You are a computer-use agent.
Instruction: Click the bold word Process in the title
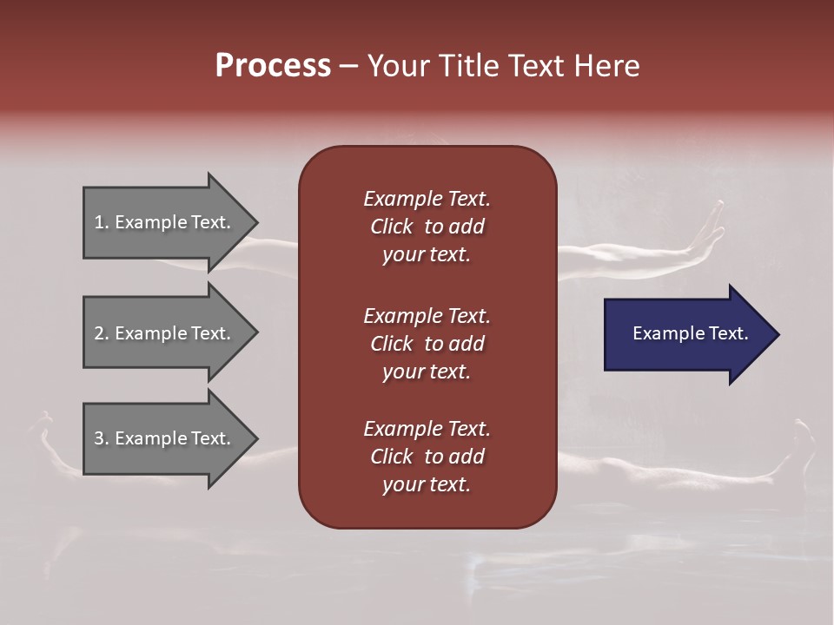(x=273, y=66)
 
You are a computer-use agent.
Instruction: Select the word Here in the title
(x=607, y=66)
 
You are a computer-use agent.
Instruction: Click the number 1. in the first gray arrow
(x=102, y=222)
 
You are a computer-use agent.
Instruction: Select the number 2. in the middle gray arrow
(x=102, y=333)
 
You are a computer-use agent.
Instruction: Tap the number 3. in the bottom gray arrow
(x=102, y=438)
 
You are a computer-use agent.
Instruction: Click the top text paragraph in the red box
(x=427, y=227)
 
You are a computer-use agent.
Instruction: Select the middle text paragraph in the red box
(x=427, y=343)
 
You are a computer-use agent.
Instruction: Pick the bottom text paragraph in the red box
(x=427, y=457)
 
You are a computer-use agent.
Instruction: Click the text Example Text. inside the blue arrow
(x=690, y=333)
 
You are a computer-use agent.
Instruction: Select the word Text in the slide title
(x=532, y=66)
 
